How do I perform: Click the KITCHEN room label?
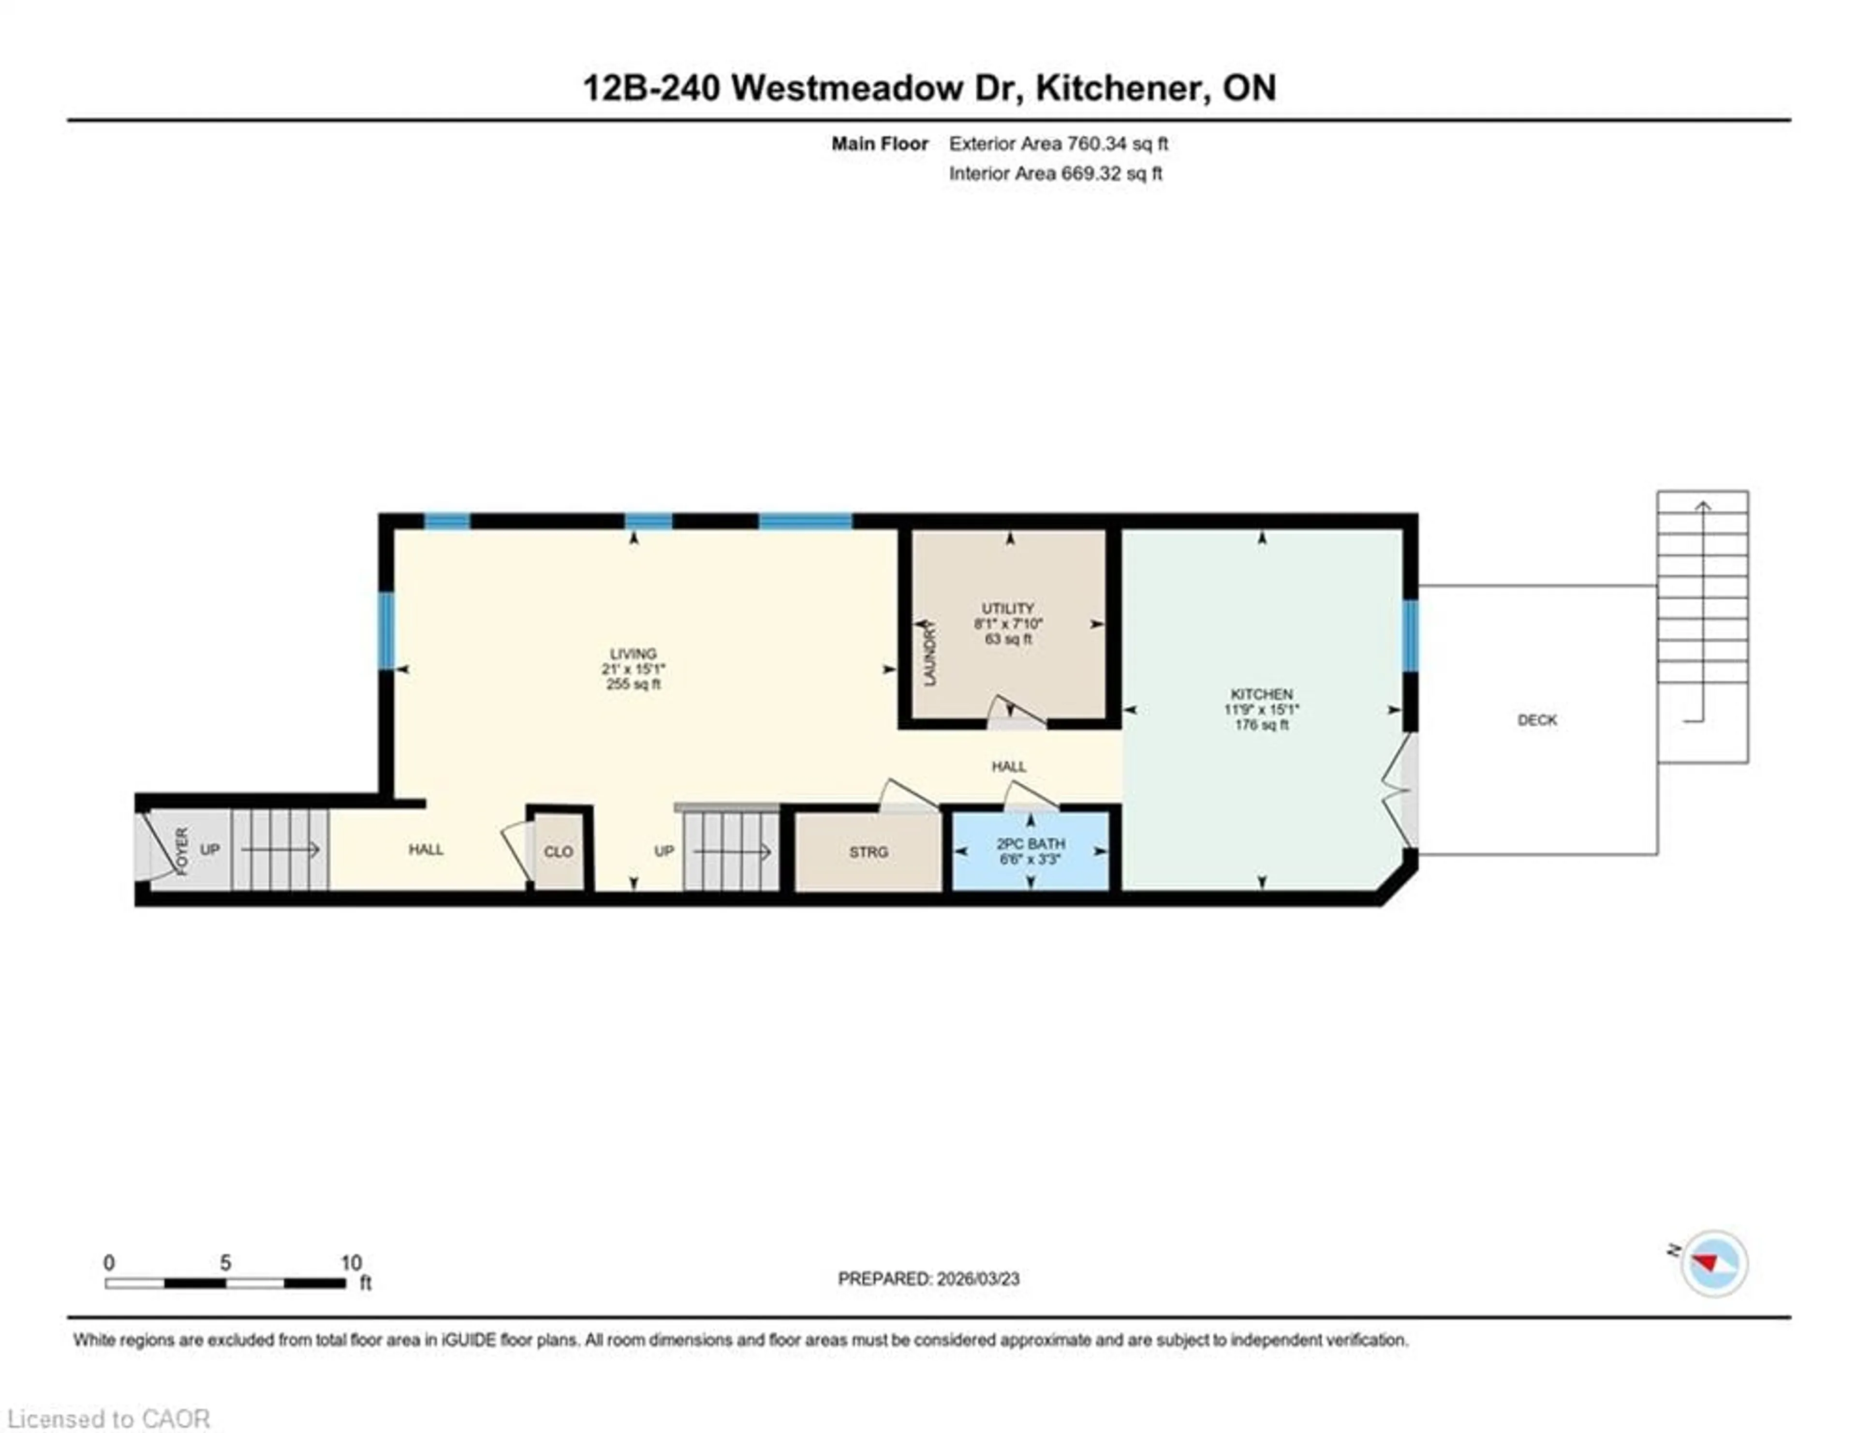click(1262, 694)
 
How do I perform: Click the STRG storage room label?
click(868, 852)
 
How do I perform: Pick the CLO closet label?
click(559, 852)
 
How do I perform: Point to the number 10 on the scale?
click(351, 1263)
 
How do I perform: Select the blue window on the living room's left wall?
click(387, 630)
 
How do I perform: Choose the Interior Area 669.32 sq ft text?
click(1055, 174)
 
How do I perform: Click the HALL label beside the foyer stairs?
click(426, 849)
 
